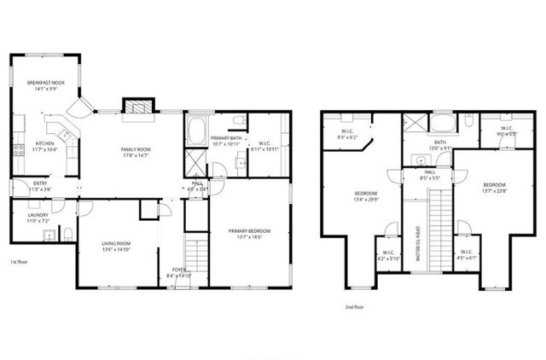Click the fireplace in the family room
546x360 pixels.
[x=136, y=107]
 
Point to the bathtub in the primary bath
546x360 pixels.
[x=195, y=131]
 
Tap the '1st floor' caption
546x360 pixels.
[x=20, y=262]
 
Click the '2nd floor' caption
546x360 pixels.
[x=354, y=306]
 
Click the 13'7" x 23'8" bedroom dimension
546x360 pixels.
[x=494, y=190]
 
